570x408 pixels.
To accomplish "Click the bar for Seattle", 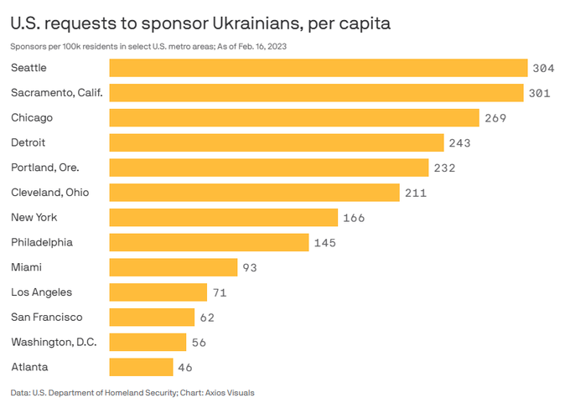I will (x=319, y=68).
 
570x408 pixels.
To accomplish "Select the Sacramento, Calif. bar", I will (x=317, y=92).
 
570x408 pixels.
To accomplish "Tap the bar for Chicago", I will (x=294, y=117).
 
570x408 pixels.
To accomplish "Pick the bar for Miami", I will (x=174, y=267).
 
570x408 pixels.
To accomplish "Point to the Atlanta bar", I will (x=141, y=367).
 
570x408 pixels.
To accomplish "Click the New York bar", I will (x=224, y=218).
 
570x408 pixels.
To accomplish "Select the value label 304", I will (x=543, y=68).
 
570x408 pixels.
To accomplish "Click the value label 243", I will (x=459, y=143).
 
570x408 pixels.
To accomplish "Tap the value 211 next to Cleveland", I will (x=416, y=193).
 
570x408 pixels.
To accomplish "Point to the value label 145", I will (x=324, y=243).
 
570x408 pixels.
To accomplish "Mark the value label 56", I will (x=198, y=343).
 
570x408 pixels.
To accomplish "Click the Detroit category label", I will (x=28, y=142).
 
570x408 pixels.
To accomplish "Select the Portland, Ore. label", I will (x=45, y=168).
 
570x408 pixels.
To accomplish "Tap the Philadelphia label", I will (x=42, y=242).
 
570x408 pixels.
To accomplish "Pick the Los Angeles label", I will (x=41, y=292).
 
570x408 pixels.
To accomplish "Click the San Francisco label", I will (x=47, y=317).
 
